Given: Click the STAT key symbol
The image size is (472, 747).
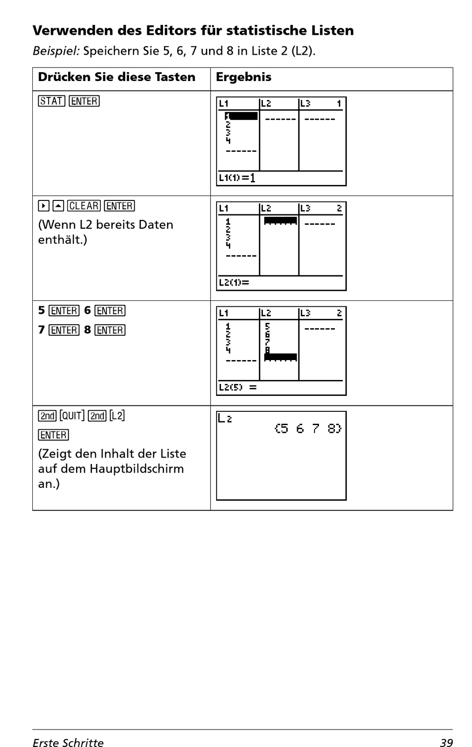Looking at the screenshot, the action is [52, 101].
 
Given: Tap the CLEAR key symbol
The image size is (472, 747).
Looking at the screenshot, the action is [84, 206].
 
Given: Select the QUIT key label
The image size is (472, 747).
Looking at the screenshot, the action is [72, 415].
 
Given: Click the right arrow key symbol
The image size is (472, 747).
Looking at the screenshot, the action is [44, 206].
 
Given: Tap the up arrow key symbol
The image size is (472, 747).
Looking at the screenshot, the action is [58, 206].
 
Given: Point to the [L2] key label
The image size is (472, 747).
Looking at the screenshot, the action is [117, 415].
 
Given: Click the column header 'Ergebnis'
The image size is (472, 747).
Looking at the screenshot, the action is [243, 77].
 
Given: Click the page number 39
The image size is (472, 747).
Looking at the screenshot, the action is [446, 743].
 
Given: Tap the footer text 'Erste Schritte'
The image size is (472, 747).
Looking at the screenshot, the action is [68, 743].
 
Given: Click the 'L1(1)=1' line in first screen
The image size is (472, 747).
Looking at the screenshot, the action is [237, 178].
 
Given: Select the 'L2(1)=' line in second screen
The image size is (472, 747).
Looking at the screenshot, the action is [234, 282].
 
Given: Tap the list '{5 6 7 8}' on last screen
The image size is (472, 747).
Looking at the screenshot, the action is [308, 428].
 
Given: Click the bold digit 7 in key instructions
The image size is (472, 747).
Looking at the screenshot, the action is [41, 330].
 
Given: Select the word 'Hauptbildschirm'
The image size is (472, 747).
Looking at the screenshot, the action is [137, 469].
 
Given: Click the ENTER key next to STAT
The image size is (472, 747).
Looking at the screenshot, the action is [84, 101].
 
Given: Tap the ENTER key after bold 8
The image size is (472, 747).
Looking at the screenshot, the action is [110, 330].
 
